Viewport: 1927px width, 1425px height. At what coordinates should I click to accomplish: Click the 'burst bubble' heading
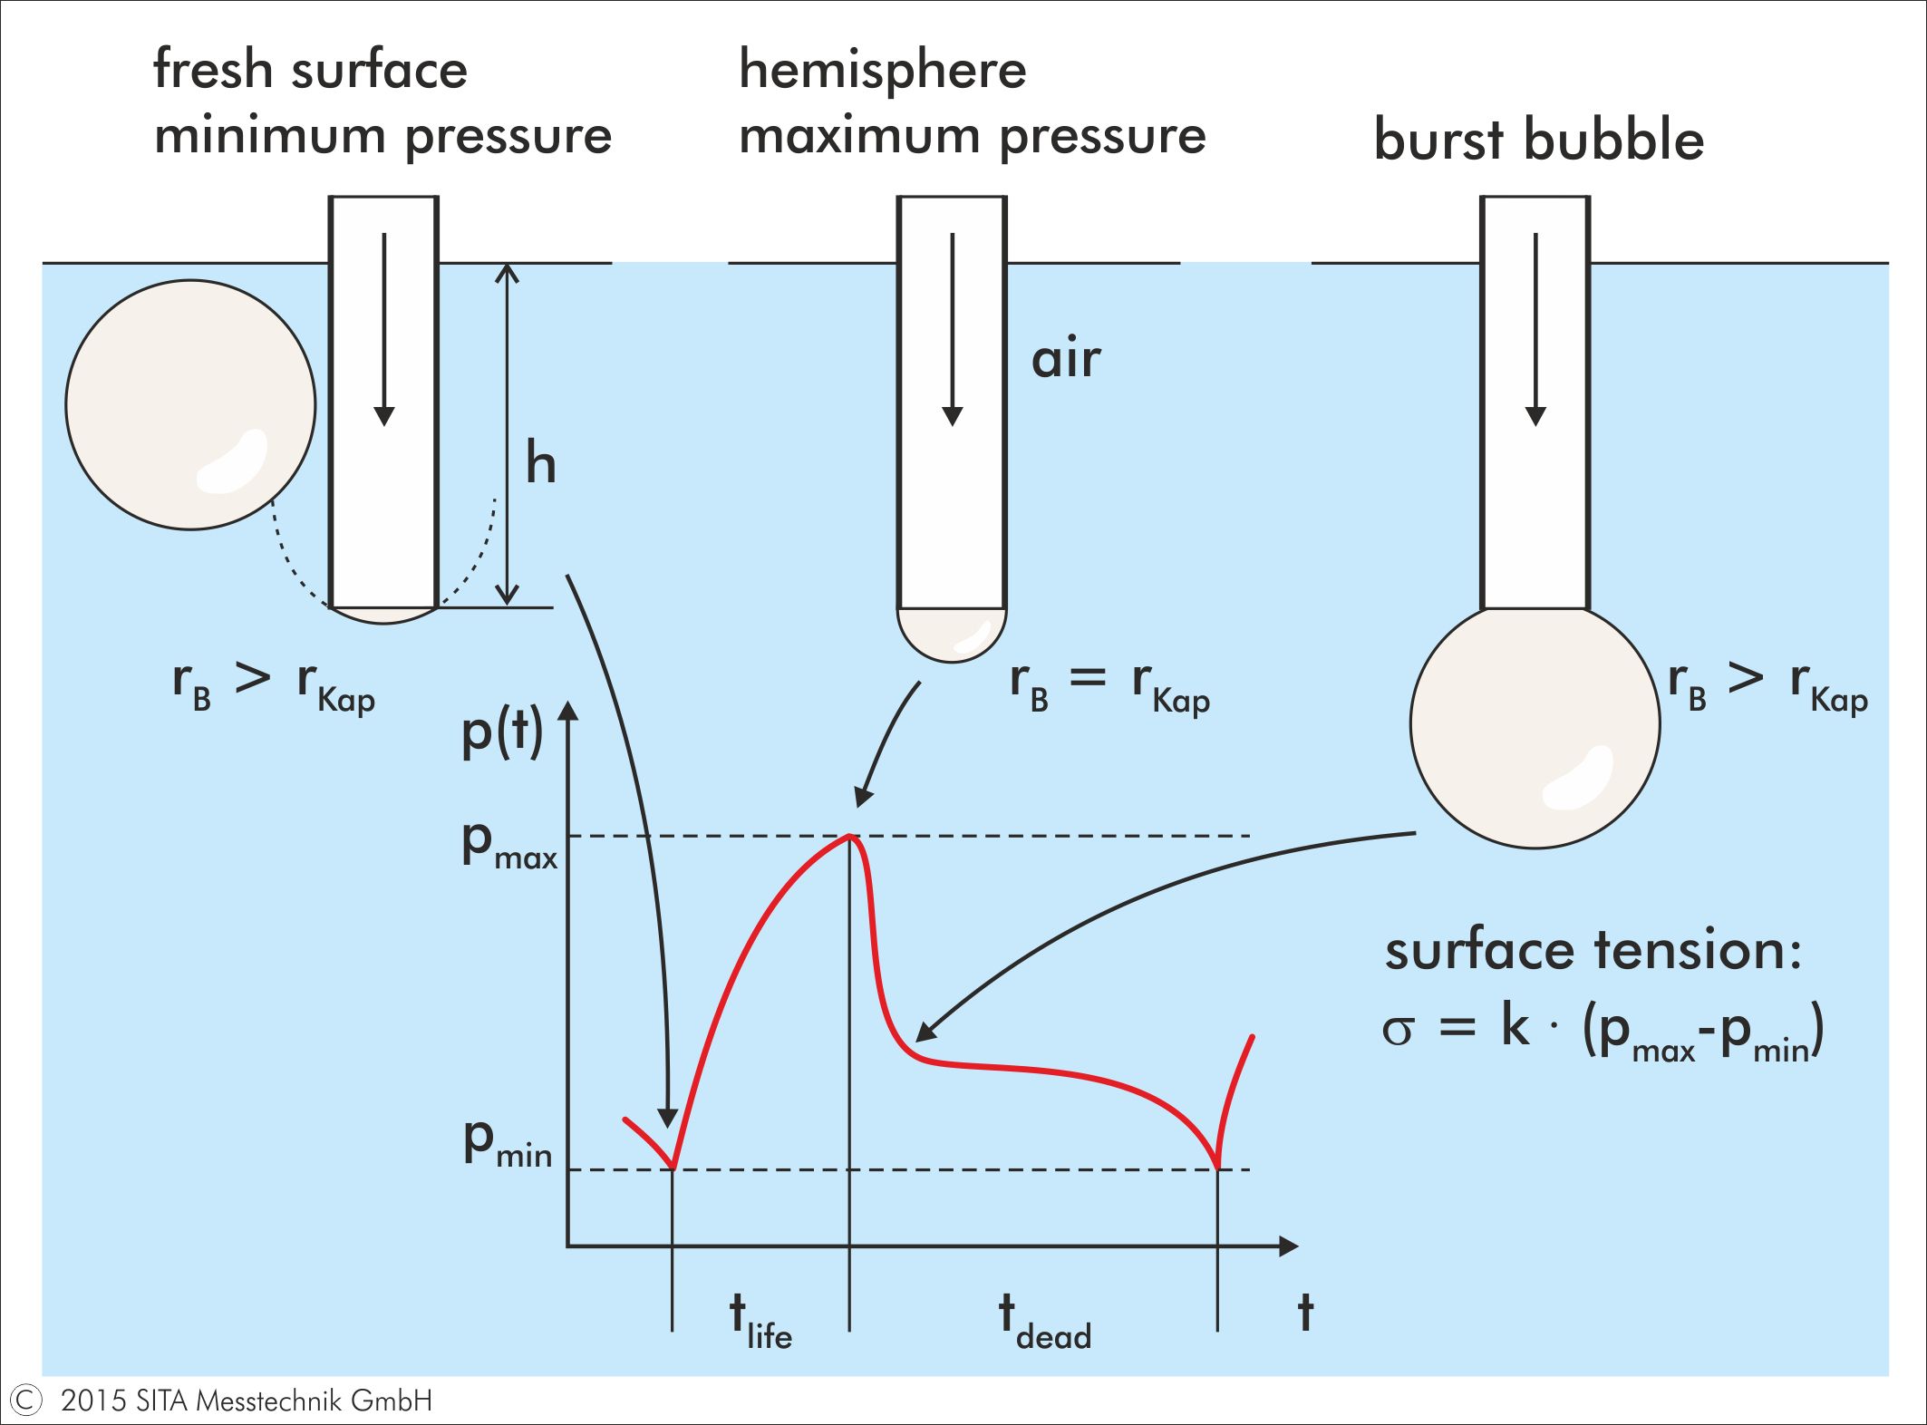click(1538, 140)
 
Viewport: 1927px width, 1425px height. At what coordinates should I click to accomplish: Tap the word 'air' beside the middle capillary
click(1066, 359)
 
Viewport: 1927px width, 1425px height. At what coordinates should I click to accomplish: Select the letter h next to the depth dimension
click(540, 464)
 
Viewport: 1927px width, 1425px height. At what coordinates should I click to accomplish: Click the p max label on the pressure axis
click(508, 845)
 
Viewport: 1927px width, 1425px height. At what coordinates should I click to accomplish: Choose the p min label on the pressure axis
click(507, 1142)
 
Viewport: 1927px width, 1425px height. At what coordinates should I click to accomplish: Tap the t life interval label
click(760, 1322)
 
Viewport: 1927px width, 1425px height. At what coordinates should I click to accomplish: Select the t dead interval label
click(1044, 1322)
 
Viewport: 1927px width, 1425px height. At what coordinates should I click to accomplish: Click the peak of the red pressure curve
click(849, 835)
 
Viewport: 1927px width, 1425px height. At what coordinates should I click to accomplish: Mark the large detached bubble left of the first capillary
click(190, 404)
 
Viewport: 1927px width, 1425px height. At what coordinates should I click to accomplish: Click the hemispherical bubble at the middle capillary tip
click(952, 634)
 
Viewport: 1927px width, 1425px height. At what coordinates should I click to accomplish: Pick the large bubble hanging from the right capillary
click(1535, 725)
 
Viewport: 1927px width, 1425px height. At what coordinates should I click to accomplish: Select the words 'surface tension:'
click(1593, 952)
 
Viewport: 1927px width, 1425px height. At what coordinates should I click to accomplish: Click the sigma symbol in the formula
click(1398, 1031)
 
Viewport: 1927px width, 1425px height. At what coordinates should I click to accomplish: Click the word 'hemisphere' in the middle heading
click(882, 69)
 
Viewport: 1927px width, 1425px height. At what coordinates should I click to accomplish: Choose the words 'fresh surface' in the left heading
click(310, 69)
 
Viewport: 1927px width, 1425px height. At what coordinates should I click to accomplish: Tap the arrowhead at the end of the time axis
click(1288, 1246)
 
